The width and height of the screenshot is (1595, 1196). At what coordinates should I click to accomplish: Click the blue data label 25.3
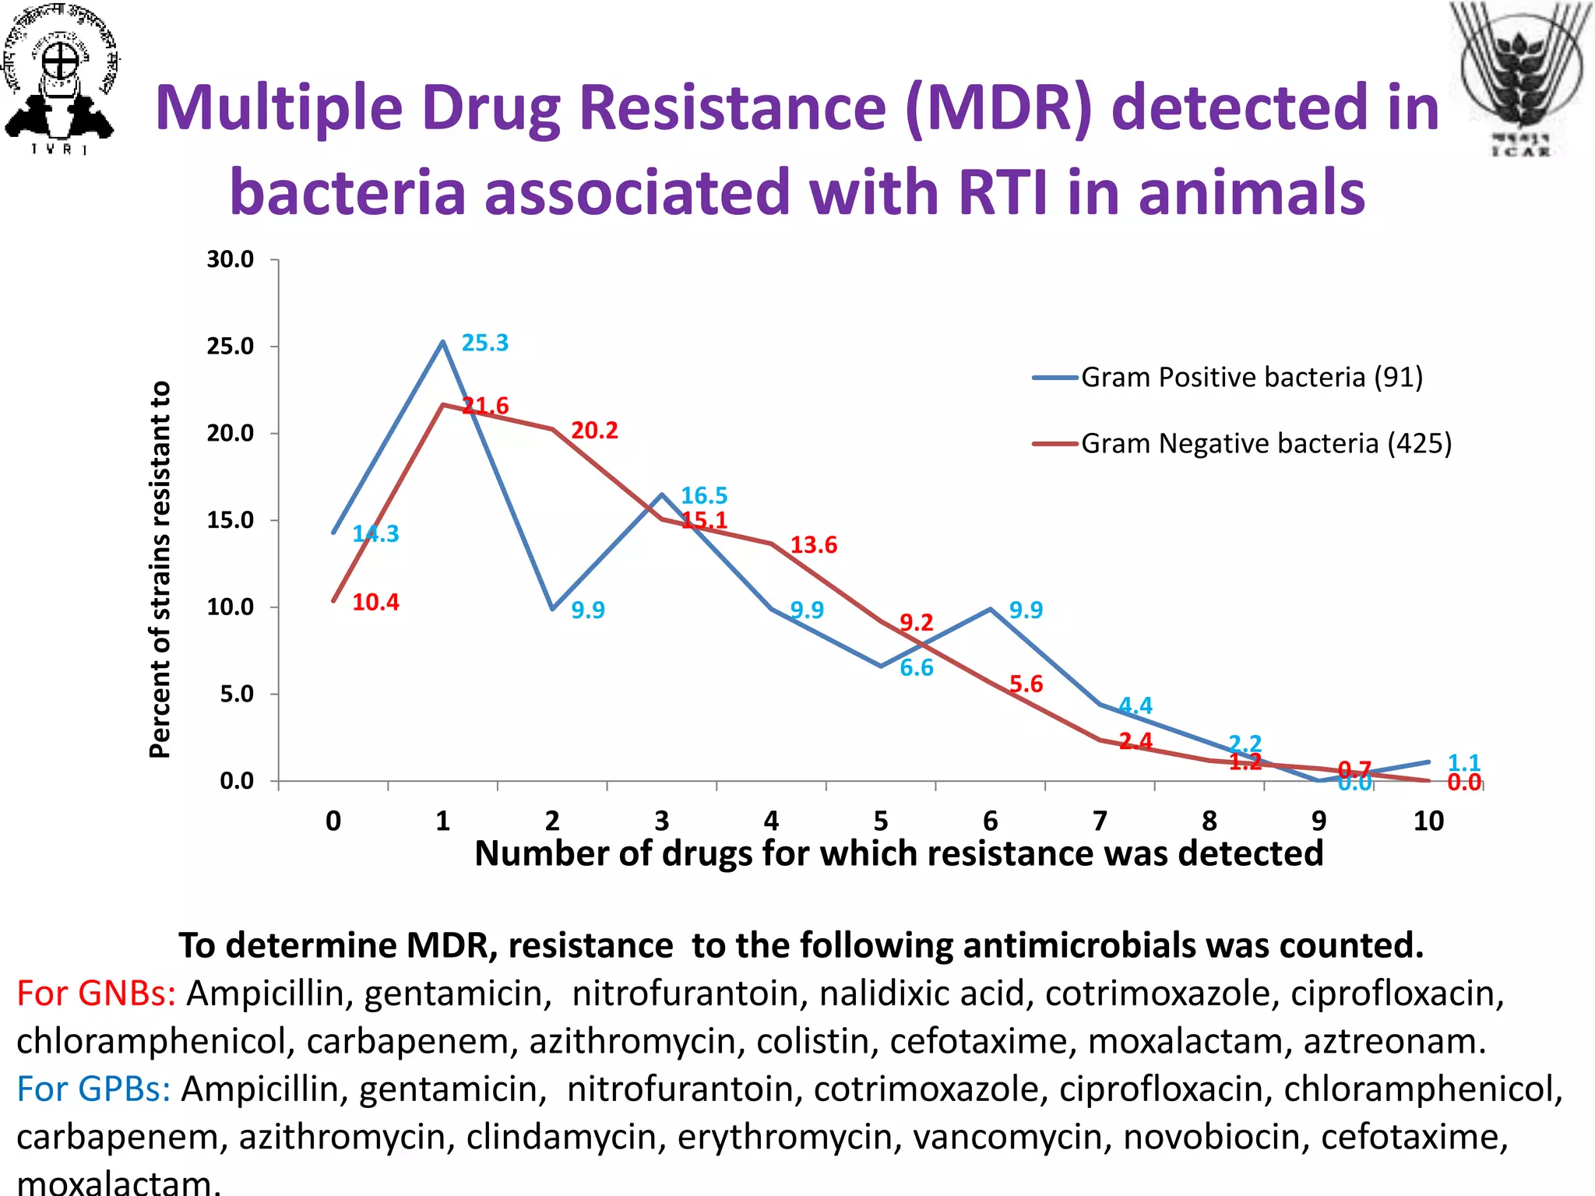(484, 343)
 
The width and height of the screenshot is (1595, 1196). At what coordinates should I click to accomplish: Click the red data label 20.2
(594, 431)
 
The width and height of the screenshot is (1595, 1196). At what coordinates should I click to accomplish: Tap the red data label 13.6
(813, 545)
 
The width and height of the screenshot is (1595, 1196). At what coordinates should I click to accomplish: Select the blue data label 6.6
(916, 668)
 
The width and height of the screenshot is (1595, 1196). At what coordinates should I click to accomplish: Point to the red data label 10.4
(375, 603)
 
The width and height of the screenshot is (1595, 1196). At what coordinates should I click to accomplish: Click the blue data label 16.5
(704, 496)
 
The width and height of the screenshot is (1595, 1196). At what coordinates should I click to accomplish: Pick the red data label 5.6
(1026, 684)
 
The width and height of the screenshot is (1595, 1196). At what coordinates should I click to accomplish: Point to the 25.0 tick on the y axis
(231, 346)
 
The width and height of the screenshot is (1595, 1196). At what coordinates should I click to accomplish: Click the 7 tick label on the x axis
(1100, 821)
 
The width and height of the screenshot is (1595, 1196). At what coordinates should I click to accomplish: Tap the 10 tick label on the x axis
(1428, 821)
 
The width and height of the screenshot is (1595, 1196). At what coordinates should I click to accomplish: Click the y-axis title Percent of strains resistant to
(160, 568)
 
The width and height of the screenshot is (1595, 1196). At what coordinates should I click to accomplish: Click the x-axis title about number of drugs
(898, 854)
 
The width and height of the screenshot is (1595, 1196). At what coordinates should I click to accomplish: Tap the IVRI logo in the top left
(61, 78)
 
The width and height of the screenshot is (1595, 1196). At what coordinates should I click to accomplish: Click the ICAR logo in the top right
(1520, 78)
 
